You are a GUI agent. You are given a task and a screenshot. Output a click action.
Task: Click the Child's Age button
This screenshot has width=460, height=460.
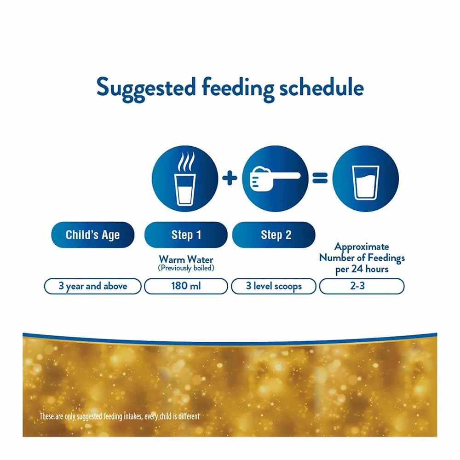click(92, 235)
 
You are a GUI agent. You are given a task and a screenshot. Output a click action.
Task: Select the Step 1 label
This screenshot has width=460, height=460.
click(186, 235)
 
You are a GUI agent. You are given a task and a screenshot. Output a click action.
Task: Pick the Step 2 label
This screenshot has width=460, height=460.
click(276, 235)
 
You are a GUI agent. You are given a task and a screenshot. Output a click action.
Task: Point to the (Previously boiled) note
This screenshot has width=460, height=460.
click(186, 268)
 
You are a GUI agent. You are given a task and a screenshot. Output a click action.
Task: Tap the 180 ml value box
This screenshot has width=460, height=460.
click(186, 286)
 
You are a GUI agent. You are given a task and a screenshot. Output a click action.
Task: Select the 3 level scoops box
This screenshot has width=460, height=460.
click(274, 286)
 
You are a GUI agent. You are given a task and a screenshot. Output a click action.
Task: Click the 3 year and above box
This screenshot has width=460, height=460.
click(92, 286)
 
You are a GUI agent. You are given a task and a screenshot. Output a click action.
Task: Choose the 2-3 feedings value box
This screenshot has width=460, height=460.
click(362, 286)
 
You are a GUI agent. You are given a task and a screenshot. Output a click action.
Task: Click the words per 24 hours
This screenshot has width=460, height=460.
click(362, 269)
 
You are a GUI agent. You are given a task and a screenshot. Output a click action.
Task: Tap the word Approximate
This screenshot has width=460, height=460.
click(362, 247)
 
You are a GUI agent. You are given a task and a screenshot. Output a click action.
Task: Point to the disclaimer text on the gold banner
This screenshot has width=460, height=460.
click(120, 417)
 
